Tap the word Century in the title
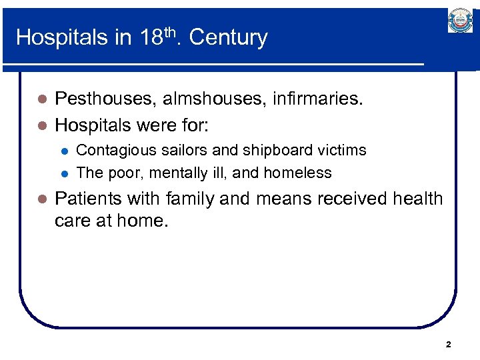point(228,37)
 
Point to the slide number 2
point(448,345)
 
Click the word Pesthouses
point(102,99)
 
